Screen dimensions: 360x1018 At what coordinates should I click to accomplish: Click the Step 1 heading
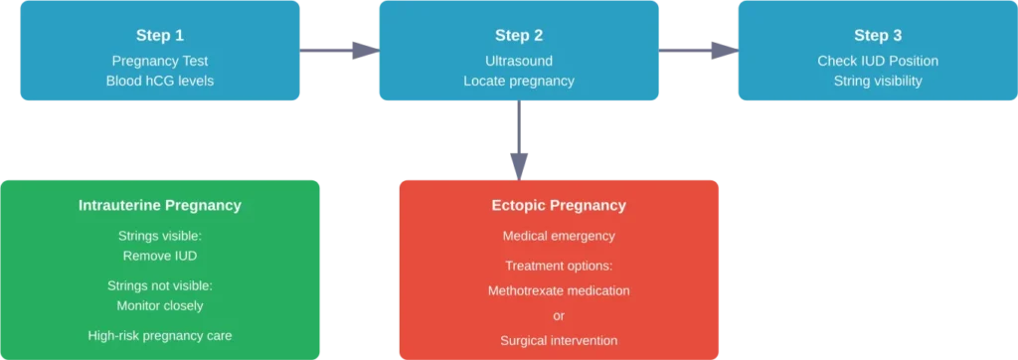click(159, 36)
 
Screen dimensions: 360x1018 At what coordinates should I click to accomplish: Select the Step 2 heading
click(519, 36)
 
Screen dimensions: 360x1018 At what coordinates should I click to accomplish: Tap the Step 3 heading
click(871, 36)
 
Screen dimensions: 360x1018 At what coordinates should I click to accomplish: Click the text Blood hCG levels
click(159, 81)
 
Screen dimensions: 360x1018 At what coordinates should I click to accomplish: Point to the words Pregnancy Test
click(159, 61)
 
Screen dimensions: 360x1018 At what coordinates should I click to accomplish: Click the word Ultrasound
click(519, 61)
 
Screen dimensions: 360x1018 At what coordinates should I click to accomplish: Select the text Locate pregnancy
click(519, 81)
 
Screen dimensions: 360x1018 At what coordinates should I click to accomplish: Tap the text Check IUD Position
click(871, 61)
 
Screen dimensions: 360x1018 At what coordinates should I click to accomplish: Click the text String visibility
click(871, 81)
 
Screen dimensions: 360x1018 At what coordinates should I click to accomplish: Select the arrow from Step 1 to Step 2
click(339, 52)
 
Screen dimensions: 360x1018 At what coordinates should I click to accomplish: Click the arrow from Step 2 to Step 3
click(697, 52)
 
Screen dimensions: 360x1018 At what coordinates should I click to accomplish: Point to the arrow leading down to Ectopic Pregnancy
click(520, 139)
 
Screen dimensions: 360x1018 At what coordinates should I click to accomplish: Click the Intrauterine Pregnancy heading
click(160, 206)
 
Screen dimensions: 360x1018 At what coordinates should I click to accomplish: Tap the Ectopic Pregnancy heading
click(559, 206)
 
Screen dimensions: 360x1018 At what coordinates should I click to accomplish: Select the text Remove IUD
click(160, 256)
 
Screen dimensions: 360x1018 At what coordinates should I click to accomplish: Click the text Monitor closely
click(160, 305)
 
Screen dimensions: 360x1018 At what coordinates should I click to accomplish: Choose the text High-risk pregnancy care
click(160, 335)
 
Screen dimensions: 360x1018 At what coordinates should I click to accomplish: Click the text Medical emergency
click(559, 236)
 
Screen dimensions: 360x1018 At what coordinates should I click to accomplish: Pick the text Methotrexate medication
click(559, 290)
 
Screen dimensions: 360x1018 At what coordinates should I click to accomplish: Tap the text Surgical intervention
click(559, 340)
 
